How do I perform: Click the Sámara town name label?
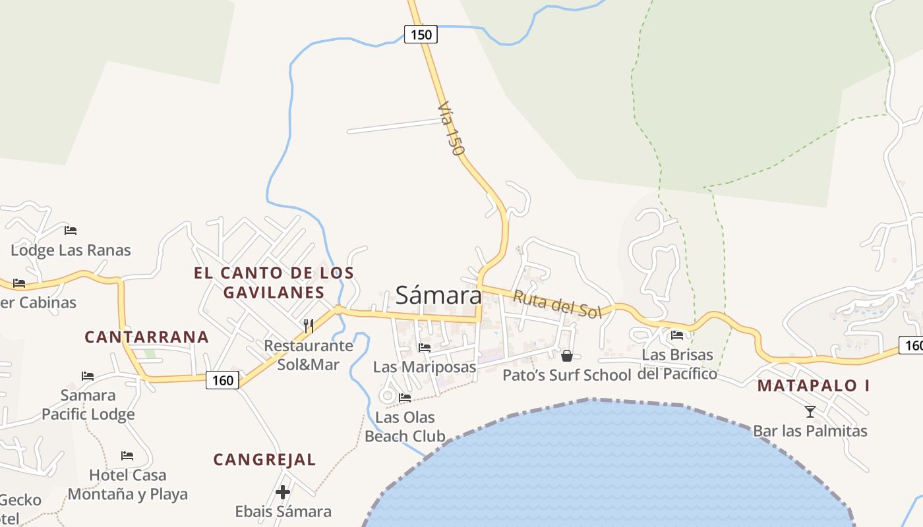[438, 295]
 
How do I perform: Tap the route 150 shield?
[421, 34]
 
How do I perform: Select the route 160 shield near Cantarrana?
[222, 380]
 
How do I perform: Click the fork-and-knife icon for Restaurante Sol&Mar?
[308, 325]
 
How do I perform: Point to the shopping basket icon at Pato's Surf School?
[566, 356]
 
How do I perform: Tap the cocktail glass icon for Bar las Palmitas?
[810, 412]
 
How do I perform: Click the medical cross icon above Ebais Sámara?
[283, 492]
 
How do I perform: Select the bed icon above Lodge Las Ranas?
[71, 231]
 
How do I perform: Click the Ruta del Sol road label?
[557, 304]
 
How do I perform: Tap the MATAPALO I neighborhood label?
[813, 386]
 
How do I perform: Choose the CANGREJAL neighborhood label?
[264, 460]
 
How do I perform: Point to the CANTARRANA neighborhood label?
[146, 337]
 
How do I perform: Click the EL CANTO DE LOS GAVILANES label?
[274, 283]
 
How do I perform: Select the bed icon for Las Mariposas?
[425, 347]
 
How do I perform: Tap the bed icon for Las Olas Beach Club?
[405, 398]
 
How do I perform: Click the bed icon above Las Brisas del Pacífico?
[677, 335]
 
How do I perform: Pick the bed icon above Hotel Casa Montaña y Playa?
[127, 456]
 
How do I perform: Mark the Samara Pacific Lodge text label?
[88, 404]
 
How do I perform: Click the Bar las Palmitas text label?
[810, 431]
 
